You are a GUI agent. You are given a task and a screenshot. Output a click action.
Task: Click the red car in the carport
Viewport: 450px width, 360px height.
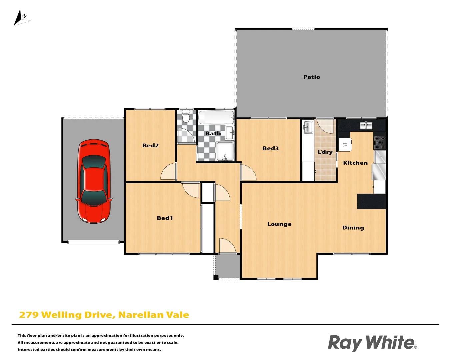[x=94, y=181]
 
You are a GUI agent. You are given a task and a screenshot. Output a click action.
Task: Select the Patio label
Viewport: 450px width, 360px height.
[x=311, y=77]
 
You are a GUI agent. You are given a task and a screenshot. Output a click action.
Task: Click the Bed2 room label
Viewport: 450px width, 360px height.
[x=150, y=145]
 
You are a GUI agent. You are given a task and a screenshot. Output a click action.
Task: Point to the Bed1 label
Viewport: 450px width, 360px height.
[x=165, y=218]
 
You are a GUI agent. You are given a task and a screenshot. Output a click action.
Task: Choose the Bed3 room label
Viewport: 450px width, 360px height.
[x=270, y=148]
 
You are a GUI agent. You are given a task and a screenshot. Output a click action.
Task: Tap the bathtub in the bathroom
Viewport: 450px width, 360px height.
[x=216, y=118]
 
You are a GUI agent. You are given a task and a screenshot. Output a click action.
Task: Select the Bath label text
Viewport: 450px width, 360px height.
[x=213, y=133]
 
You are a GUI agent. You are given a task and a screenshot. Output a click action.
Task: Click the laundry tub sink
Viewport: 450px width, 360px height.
[x=308, y=127]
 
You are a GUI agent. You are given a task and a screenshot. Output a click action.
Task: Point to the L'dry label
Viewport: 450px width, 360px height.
[x=325, y=152]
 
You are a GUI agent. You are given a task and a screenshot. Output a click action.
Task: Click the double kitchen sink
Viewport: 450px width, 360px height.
[x=366, y=125]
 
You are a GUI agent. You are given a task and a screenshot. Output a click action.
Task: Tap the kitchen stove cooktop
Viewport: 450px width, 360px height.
[x=379, y=143]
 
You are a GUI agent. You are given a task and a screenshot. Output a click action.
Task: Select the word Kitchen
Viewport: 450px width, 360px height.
[x=355, y=163]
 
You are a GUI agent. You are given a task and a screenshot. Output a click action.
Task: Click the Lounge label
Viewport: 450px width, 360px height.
[x=279, y=224]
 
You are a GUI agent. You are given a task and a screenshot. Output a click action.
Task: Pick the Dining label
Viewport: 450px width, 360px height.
[x=353, y=228]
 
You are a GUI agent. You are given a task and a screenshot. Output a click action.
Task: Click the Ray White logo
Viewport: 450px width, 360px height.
[x=372, y=343]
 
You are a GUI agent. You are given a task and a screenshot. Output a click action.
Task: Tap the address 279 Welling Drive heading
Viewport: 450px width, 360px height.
[x=104, y=315]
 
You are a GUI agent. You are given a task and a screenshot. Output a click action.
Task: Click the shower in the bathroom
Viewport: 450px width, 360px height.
[x=225, y=151]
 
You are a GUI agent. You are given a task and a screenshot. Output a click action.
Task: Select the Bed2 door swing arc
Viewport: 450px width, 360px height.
[x=168, y=172]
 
